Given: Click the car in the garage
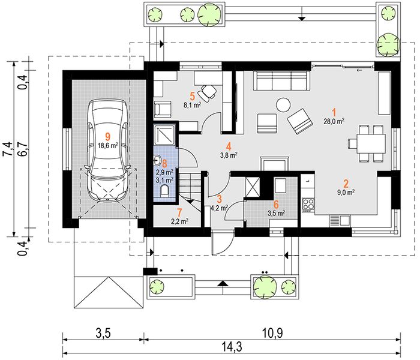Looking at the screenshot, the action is (107, 150).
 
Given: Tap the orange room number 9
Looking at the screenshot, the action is (107, 137).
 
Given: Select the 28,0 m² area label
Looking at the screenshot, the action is (334, 121).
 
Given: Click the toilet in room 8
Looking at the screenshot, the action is (165, 191).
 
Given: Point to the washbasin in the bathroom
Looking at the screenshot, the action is (157, 161).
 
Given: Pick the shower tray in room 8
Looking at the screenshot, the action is (164, 135).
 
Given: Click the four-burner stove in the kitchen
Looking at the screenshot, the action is (308, 205).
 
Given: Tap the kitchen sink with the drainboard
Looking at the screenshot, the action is (340, 221).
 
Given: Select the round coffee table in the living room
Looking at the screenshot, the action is (283, 104).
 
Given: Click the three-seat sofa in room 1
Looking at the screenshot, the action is (281, 81).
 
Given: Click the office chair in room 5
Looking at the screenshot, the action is (207, 92).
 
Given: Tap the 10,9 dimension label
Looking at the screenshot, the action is (272, 333).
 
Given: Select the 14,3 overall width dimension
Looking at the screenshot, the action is (232, 347).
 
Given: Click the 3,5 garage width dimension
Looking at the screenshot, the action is (103, 333).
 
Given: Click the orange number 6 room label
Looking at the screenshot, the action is (276, 205).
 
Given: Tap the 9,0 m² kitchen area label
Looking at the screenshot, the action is (346, 192).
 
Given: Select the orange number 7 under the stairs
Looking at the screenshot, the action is (179, 212).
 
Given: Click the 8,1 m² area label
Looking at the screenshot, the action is (192, 105).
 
